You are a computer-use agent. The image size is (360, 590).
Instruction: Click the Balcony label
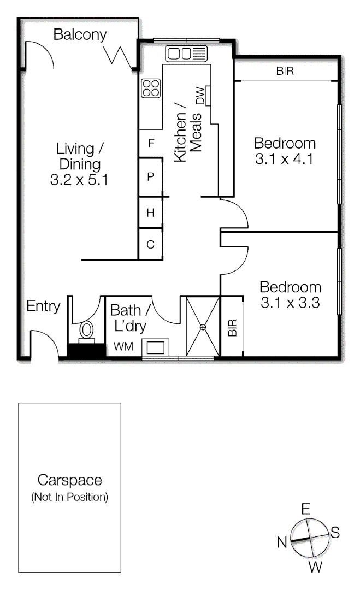80,35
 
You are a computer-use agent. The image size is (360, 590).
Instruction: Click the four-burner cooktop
151,88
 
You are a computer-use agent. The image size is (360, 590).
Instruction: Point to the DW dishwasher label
200,96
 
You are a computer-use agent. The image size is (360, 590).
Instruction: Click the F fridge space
151,144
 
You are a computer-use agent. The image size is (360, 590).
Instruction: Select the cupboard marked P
151,176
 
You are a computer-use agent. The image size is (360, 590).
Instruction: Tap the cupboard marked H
151,213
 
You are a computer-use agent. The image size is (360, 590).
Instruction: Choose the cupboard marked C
151,245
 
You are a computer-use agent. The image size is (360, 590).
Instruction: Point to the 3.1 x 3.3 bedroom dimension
290,303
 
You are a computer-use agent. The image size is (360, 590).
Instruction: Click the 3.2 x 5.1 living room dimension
79,180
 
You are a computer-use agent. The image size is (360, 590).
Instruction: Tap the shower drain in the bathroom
203,327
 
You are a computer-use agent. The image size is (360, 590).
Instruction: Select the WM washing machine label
122,346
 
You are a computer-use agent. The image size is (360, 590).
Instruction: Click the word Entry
44,306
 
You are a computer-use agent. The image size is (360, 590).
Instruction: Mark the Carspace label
69,480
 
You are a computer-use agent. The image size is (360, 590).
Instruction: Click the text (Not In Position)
69,498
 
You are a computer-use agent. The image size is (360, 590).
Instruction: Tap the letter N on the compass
282,542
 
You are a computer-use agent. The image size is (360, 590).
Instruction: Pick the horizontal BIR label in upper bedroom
285,71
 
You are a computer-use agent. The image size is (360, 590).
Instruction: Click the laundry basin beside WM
156,346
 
